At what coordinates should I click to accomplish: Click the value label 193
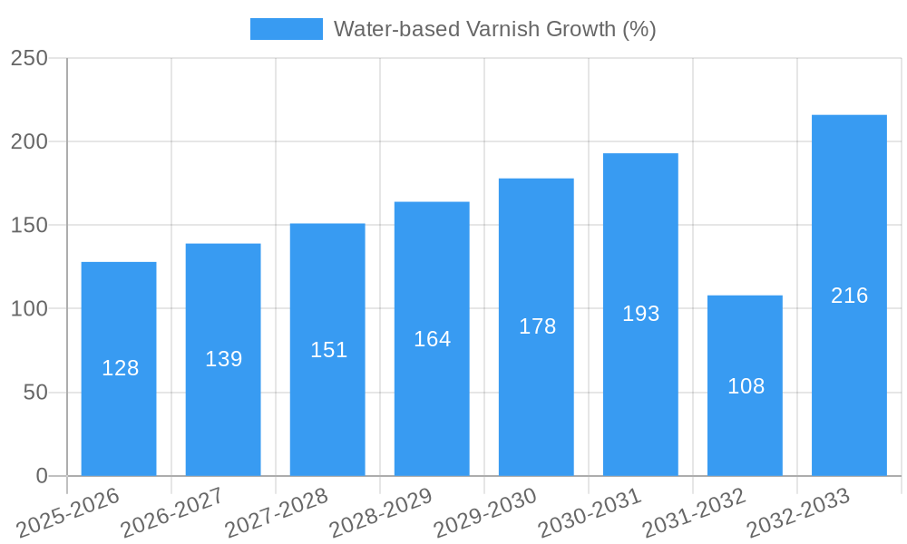point(640,314)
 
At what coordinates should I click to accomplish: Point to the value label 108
point(746,386)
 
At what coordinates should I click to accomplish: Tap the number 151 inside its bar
point(328,350)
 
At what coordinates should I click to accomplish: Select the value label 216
point(849,296)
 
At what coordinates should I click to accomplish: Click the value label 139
point(223,359)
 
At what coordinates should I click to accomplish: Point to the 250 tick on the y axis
point(29,58)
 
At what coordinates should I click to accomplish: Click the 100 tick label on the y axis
point(29,309)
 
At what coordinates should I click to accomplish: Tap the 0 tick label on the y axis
point(41,476)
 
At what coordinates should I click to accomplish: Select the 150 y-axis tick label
point(29,226)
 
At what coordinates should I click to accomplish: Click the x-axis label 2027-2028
point(278,512)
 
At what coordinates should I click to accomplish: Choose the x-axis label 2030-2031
point(590,512)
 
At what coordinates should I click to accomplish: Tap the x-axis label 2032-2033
point(799,512)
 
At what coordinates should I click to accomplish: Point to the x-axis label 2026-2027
point(173,512)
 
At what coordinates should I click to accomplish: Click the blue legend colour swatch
point(286,29)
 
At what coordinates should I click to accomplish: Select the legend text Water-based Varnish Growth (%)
point(494,29)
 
